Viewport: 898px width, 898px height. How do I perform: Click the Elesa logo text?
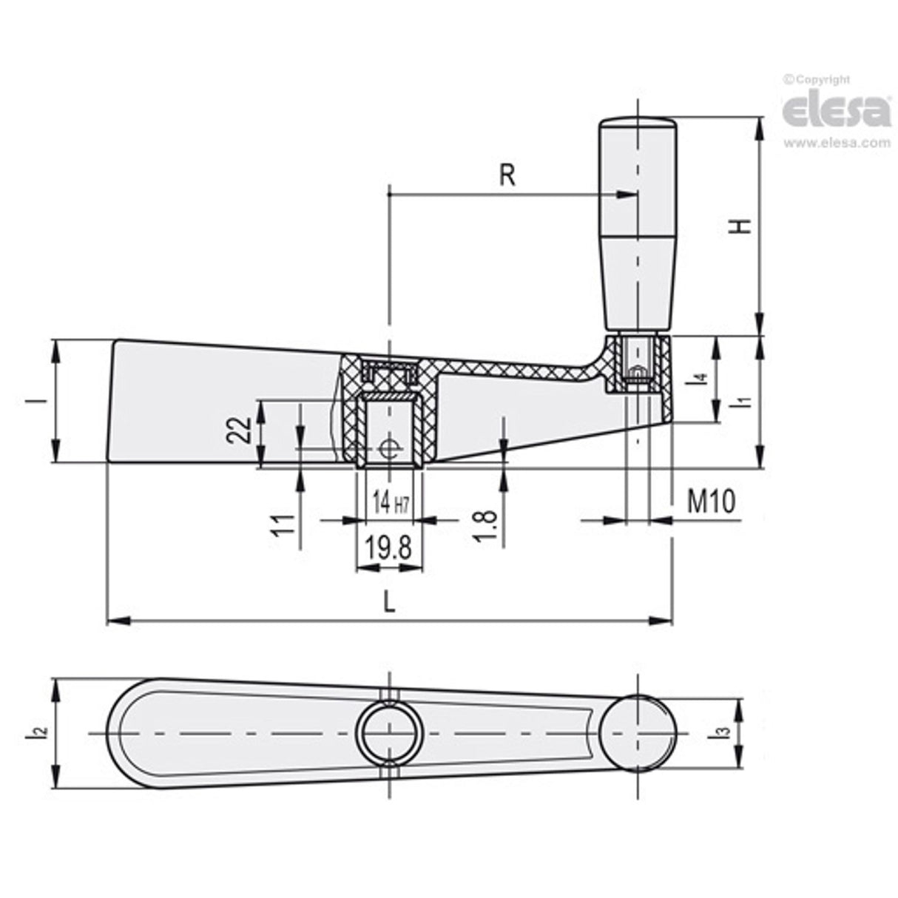click(x=837, y=111)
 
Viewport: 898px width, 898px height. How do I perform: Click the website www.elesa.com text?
click(x=837, y=143)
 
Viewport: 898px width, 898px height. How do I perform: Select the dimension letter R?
click(x=507, y=175)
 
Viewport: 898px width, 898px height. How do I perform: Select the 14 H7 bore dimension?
click(x=390, y=504)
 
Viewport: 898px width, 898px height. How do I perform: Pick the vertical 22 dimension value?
click(x=239, y=429)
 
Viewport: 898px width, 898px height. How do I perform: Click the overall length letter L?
click(x=390, y=602)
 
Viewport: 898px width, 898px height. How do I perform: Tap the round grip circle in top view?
click(x=638, y=733)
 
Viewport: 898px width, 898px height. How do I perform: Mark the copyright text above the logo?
click(x=817, y=80)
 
